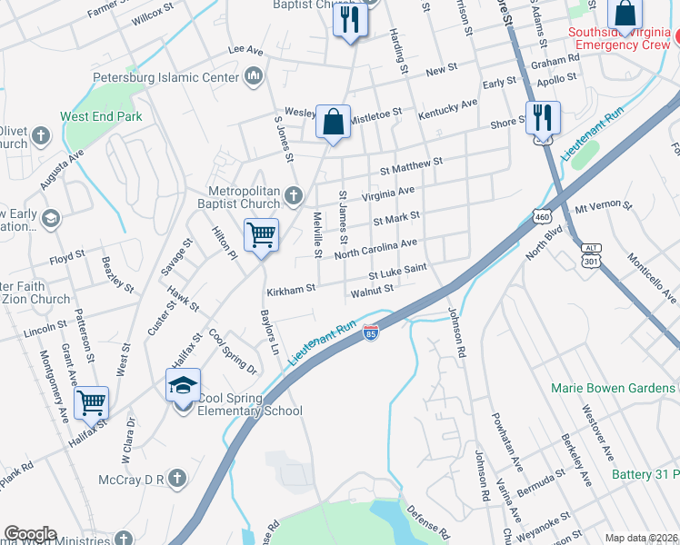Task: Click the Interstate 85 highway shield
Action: tap(370, 334)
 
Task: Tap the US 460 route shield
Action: tap(541, 218)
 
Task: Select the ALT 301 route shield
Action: tap(592, 255)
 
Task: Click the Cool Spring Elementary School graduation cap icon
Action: tap(183, 386)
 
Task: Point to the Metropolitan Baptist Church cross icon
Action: tap(293, 194)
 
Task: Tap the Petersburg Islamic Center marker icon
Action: tap(253, 76)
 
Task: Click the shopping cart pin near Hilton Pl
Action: tap(262, 235)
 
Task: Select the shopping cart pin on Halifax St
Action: tap(92, 401)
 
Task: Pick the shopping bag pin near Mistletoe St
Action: tap(334, 122)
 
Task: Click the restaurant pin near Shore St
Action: tap(543, 117)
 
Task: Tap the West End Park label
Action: tap(101, 116)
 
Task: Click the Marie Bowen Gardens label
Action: tap(613, 388)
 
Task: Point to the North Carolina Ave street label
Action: tap(375, 248)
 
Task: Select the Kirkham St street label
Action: tap(290, 290)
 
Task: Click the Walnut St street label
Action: tap(372, 290)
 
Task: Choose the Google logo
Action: tap(30, 534)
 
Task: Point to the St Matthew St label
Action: tap(411, 165)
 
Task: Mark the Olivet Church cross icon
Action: tap(40, 136)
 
